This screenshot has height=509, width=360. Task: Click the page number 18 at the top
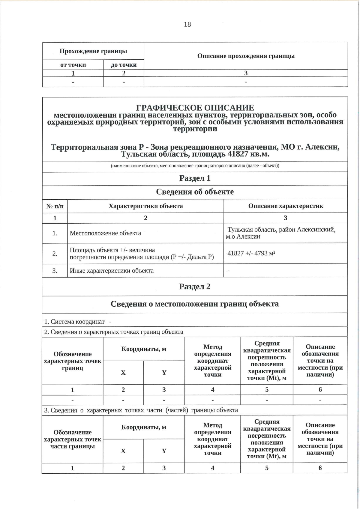coord(187,24)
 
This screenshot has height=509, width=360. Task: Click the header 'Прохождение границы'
coord(93,51)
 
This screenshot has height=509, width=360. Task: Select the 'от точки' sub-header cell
coord(73,65)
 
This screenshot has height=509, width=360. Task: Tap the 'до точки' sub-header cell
coord(124,65)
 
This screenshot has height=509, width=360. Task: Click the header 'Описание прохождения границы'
coord(246,56)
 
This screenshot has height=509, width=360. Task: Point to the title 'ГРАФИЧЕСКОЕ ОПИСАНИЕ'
coord(195,108)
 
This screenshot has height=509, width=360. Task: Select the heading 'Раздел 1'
coord(195,178)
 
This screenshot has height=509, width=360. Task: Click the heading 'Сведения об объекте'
coord(195,192)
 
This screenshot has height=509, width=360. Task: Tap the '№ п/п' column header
coord(55,206)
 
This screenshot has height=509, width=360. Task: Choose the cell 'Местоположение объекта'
coord(105,233)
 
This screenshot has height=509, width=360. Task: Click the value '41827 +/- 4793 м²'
coord(251,253)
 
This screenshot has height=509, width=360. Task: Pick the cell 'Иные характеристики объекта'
coord(112,270)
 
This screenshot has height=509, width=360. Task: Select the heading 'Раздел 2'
coord(195,287)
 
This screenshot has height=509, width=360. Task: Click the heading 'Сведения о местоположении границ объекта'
coord(195,304)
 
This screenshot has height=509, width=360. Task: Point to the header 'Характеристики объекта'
coord(145,206)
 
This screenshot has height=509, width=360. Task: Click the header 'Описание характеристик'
coord(285,206)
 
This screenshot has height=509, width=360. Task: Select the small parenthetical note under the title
coord(195,166)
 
